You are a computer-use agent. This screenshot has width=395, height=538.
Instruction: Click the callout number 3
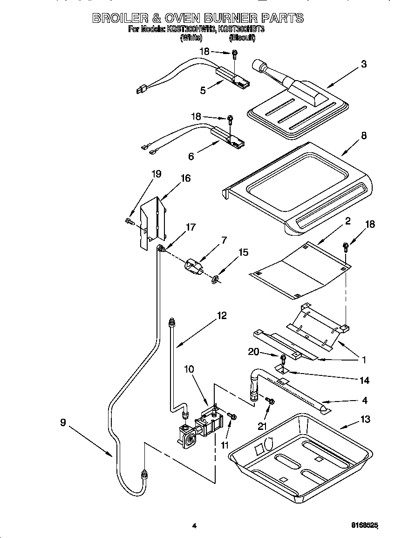point(364,64)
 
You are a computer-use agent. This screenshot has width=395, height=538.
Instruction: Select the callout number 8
point(364,136)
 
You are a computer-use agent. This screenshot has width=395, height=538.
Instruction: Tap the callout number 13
point(365,419)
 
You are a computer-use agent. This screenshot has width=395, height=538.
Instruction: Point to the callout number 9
point(63,423)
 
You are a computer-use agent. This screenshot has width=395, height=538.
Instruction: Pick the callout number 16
point(185,178)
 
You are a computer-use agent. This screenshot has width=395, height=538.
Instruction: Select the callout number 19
point(156,174)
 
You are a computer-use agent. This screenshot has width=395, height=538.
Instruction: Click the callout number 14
point(364,381)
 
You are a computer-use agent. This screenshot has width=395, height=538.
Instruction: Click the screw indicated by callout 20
point(283,358)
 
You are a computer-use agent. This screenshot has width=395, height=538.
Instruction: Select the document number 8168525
point(364,525)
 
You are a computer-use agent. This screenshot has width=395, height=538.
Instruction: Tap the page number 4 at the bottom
point(194,526)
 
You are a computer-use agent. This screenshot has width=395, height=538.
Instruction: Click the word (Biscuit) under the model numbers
point(242,38)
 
